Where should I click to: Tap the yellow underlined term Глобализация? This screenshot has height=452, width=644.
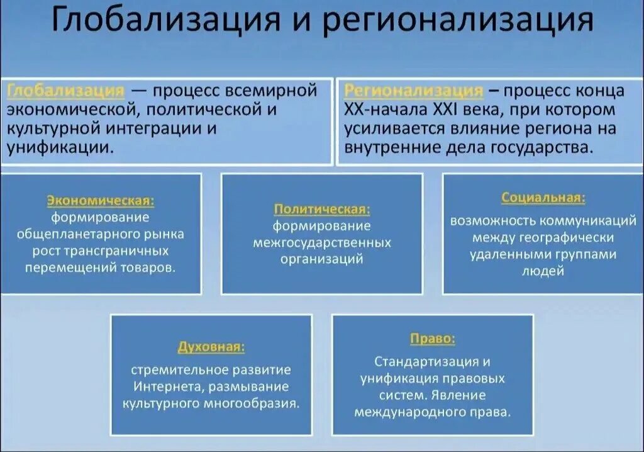pyautogui.click(x=66, y=91)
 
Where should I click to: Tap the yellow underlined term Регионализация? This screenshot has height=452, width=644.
pyautogui.click(x=414, y=91)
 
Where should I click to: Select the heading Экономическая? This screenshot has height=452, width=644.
pyautogui.click(x=101, y=201)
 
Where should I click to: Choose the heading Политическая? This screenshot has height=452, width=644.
pyautogui.click(x=322, y=209)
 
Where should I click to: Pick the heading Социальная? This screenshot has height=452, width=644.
pyautogui.click(x=543, y=198)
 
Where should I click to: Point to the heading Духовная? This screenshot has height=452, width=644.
pyautogui.click(x=211, y=347)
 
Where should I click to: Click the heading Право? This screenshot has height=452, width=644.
pyautogui.click(x=433, y=339)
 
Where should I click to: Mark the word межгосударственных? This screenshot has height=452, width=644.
pyautogui.click(x=322, y=242)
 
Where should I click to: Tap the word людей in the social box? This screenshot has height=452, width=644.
pyautogui.click(x=543, y=271)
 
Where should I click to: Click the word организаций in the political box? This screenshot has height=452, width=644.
pyautogui.click(x=322, y=259)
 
